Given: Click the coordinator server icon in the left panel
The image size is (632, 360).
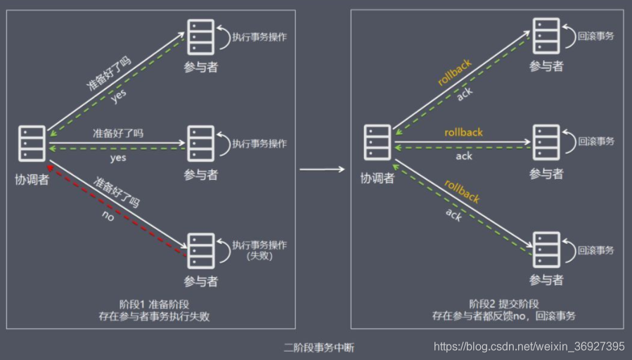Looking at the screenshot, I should point(32,144).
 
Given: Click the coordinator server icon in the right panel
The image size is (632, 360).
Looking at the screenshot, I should point(378,144).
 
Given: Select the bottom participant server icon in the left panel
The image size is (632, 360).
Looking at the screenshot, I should point(200,249).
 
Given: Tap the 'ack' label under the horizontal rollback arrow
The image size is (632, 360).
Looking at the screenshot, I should point(463,156).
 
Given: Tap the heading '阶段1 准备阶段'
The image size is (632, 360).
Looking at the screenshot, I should point(154,304).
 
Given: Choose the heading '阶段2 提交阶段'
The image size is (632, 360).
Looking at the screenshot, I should point(504,304).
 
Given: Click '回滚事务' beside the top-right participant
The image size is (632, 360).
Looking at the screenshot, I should point(595,35).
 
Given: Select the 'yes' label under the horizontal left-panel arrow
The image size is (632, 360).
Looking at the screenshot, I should point(117,157).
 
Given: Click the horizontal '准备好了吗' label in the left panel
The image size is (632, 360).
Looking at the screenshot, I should point(117,133).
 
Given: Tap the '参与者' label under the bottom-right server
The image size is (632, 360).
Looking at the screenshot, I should point(546,280).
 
